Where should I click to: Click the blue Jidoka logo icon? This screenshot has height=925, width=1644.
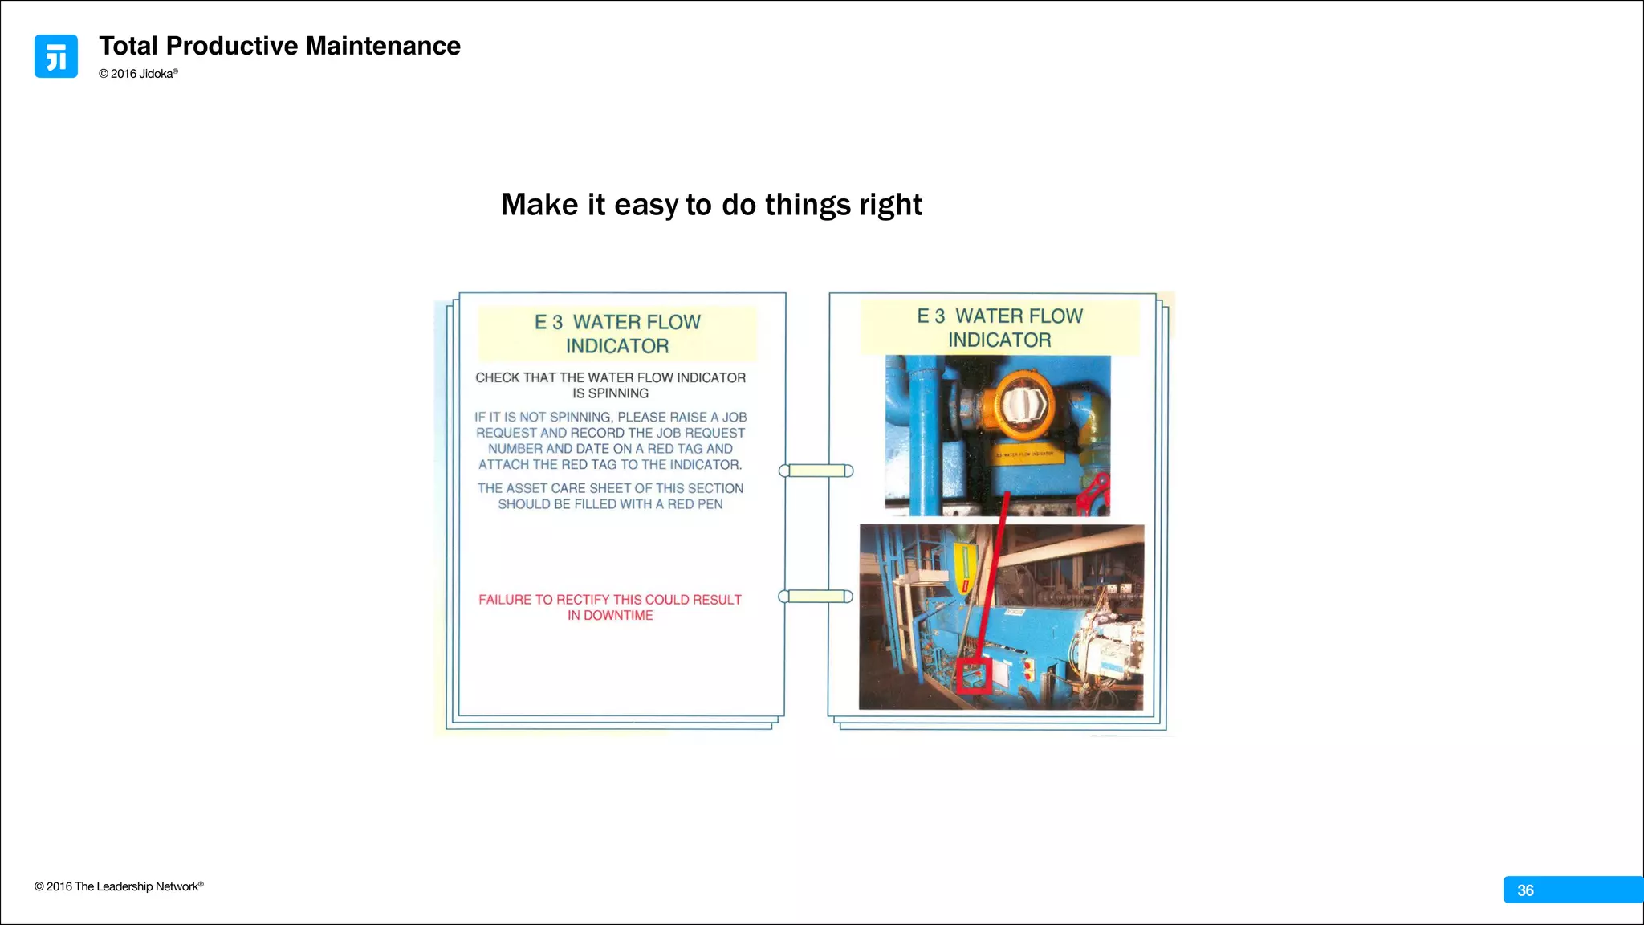click(56, 56)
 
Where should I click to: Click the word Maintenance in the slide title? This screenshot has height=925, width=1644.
click(383, 46)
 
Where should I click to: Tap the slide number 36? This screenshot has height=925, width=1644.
click(1525, 890)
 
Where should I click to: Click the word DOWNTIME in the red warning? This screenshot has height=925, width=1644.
click(618, 616)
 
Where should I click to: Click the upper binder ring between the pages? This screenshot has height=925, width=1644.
click(816, 471)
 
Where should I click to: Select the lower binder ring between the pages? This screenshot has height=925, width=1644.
click(816, 597)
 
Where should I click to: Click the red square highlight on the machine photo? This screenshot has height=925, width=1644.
click(975, 674)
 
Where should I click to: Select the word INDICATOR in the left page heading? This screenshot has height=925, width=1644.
click(617, 346)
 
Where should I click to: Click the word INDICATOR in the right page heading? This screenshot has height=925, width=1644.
click(999, 340)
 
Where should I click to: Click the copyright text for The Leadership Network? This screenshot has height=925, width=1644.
click(119, 886)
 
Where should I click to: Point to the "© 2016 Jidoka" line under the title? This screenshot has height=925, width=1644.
click(138, 74)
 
